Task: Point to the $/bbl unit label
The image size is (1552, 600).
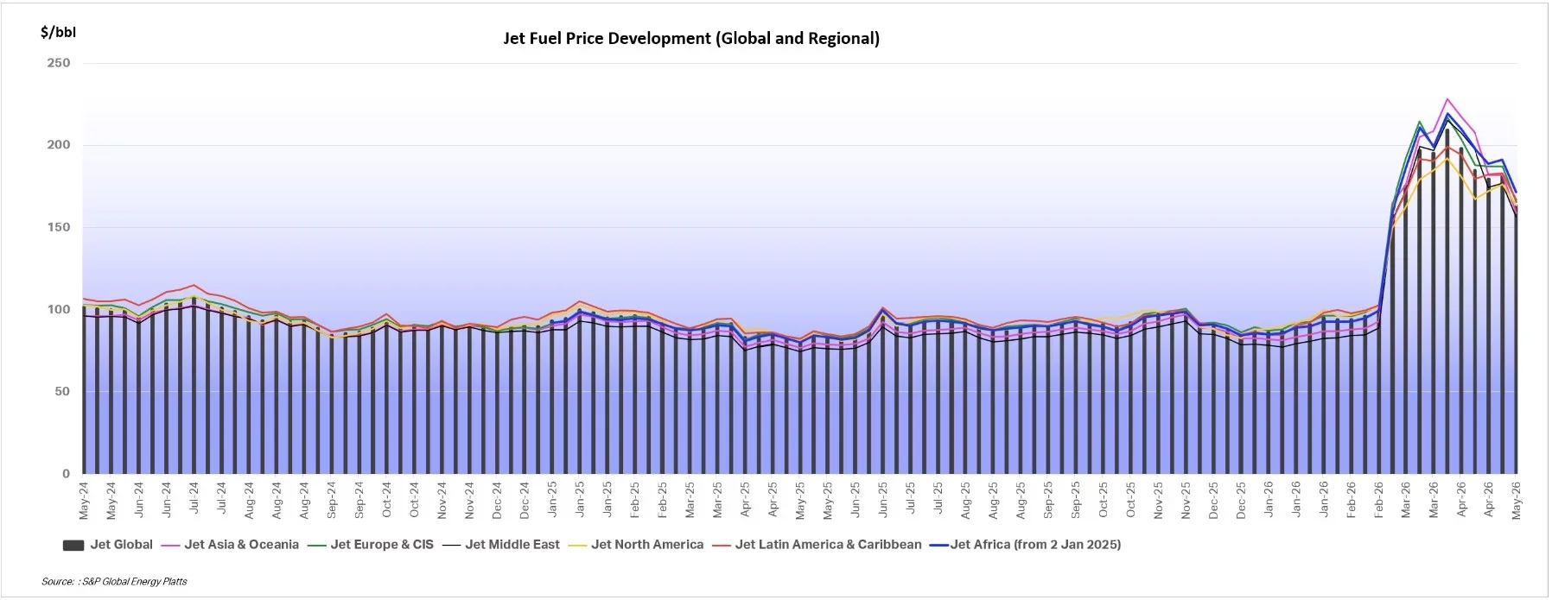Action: tap(58, 33)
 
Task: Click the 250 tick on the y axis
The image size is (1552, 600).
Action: tap(59, 63)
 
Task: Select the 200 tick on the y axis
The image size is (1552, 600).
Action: tap(59, 145)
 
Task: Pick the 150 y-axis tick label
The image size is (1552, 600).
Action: tap(59, 227)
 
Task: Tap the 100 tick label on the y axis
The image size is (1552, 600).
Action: tap(59, 309)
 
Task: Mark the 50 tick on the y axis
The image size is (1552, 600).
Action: tap(63, 391)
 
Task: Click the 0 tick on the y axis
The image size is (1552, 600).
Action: tap(67, 473)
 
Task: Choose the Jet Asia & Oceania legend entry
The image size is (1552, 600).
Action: tap(230, 545)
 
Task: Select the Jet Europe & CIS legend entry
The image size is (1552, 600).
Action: tap(371, 545)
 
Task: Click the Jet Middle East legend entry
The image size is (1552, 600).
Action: tap(501, 545)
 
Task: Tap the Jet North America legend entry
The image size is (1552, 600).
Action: tap(636, 545)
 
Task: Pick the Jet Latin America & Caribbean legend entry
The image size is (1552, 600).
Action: tap(817, 545)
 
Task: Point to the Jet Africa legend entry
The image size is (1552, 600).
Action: tap(1026, 545)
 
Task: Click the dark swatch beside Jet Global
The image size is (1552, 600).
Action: tap(73, 546)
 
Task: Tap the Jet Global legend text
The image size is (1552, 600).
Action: tap(122, 545)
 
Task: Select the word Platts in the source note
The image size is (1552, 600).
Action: tap(174, 582)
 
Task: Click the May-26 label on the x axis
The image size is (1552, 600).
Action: tap(1517, 501)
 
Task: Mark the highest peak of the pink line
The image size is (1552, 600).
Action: tap(1447, 99)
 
